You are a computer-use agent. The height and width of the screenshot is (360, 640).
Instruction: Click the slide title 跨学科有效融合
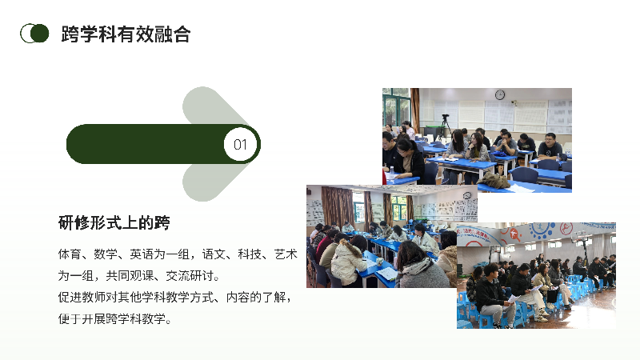126,34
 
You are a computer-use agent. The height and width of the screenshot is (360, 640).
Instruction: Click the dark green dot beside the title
39,33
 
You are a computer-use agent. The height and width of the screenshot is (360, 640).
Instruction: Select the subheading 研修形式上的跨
114,223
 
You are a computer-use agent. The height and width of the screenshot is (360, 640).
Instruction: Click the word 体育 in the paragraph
70,254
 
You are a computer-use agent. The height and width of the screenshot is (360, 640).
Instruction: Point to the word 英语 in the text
142,254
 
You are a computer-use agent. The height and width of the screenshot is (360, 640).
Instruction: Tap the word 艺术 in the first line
286,254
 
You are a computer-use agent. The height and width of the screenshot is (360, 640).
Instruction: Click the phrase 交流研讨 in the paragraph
190,276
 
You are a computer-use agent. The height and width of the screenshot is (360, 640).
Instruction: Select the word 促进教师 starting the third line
82,297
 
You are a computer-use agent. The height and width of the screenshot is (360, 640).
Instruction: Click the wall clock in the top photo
499,94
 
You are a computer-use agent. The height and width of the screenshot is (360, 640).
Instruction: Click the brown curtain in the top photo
415,110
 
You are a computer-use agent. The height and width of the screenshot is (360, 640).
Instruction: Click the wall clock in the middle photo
467,195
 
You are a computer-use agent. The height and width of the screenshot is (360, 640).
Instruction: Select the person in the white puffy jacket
347,262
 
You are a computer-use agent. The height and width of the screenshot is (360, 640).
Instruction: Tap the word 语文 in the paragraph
214,254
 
